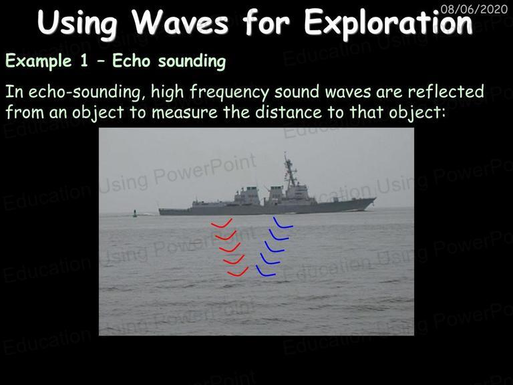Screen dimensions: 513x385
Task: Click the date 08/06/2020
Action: click(x=474, y=9)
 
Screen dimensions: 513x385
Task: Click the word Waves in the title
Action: click(x=180, y=22)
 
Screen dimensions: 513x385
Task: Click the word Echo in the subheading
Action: click(x=132, y=61)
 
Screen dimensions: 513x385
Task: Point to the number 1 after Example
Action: click(x=84, y=61)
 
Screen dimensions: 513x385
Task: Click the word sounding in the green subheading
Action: click(x=192, y=61)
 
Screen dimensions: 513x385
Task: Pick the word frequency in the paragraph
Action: click(x=229, y=92)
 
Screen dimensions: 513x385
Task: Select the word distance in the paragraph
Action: click(x=289, y=112)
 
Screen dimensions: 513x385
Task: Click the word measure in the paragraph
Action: click(x=184, y=112)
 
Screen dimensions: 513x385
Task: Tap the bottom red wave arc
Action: click(x=238, y=273)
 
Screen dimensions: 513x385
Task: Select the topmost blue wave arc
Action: click(x=283, y=223)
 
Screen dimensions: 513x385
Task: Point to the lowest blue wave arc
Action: click(x=265, y=272)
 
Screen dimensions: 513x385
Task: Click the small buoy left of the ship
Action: click(x=135, y=213)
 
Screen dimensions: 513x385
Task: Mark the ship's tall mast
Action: click(x=290, y=170)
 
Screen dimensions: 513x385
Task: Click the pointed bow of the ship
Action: click(x=375, y=199)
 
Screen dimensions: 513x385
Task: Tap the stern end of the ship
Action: click(x=160, y=211)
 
